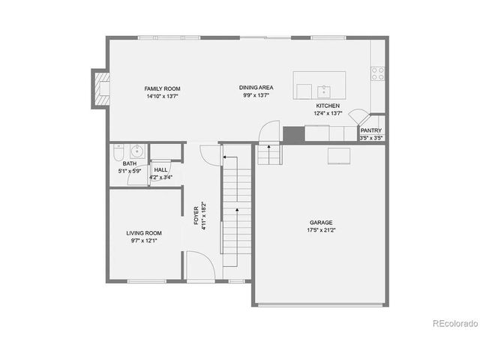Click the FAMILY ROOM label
click(163, 88)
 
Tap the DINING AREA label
click(256, 87)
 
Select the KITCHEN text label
click(328, 106)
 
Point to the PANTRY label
click(371, 130)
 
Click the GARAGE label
click(321, 222)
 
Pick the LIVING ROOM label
click(144, 233)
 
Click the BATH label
click(130, 163)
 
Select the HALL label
click(160, 169)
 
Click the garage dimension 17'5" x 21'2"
click(321, 230)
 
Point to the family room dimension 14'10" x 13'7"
click(163, 96)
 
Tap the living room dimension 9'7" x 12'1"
click(144, 241)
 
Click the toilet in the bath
click(117, 153)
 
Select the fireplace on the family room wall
click(98, 86)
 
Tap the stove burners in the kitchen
click(378, 73)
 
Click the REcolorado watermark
click(454, 324)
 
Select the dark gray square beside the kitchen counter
click(293, 135)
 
